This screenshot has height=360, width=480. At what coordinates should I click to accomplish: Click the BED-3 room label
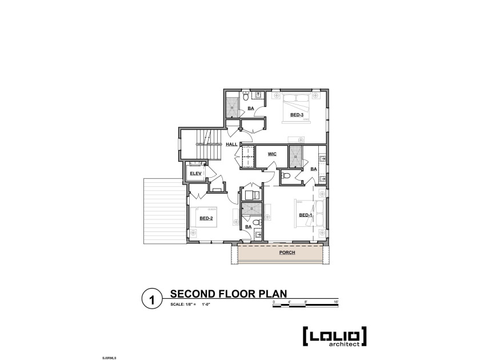tap(296, 115)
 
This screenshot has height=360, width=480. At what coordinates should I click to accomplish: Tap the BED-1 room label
tap(306, 215)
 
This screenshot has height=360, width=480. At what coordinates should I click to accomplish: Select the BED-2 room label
tap(206, 218)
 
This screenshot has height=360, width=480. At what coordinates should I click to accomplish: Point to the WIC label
tap(272, 154)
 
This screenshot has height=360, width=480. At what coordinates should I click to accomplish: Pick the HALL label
tap(231, 144)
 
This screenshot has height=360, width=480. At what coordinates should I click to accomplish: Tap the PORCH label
tap(287, 252)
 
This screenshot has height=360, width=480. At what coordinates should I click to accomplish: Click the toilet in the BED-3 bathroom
tap(246, 97)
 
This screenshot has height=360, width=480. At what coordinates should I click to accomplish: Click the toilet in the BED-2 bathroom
tap(257, 222)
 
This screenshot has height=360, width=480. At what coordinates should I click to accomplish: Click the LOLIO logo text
tap(334, 337)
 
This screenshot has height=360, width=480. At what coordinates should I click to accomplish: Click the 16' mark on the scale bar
tap(336, 301)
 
